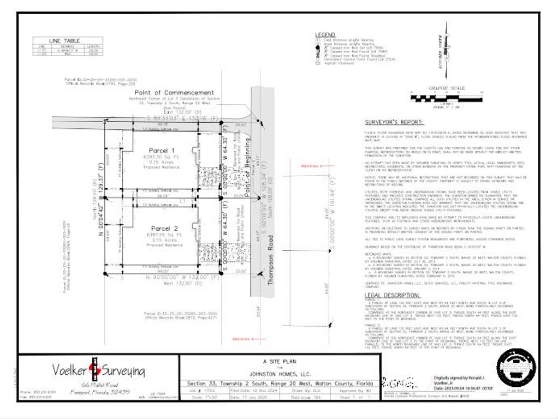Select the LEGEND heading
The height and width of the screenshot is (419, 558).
(x=326, y=35)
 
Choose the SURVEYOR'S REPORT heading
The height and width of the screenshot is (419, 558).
(x=394, y=123)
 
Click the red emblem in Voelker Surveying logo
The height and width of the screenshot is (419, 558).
(x=93, y=369)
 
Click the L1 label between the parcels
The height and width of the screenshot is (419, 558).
(x=183, y=201)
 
